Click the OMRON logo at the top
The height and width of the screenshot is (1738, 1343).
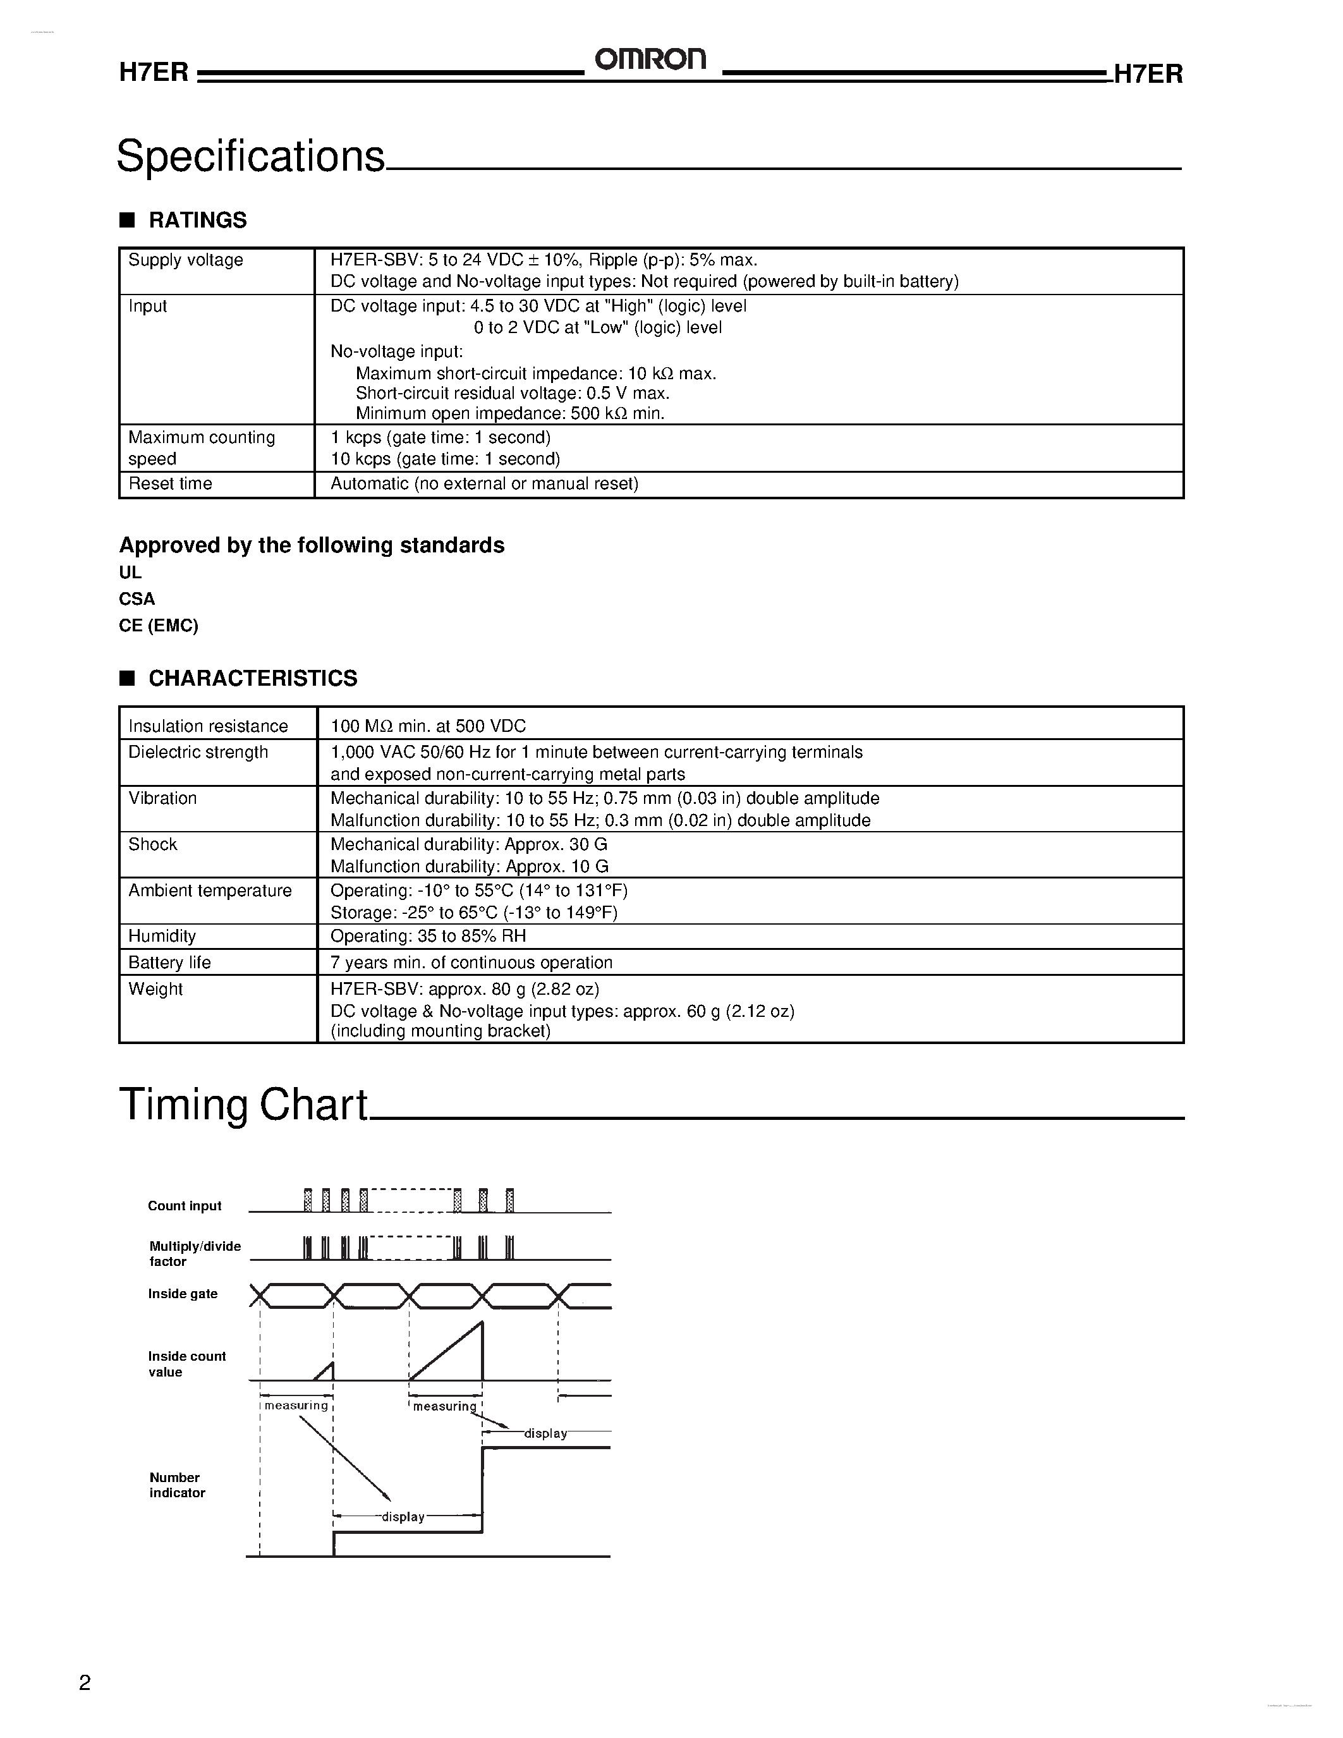(650, 59)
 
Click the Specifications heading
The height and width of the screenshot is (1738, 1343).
(251, 156)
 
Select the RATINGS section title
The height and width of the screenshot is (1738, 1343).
(197, 221)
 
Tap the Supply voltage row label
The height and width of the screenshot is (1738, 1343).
(185, 260)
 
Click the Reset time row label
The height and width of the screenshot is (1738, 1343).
(170, 484)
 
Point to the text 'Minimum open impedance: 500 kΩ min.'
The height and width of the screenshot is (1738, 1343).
(509, 414)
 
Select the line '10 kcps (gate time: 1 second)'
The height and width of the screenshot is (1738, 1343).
(445, 459)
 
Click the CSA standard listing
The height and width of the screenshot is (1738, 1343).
(137, 599)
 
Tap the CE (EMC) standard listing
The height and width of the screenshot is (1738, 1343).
(159, 626)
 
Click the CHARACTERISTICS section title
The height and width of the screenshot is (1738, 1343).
(252, 679)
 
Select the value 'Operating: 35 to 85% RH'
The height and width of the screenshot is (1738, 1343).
(428, 937)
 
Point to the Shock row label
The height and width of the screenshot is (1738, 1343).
(153, 844)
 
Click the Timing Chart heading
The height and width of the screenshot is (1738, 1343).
(243, 1105)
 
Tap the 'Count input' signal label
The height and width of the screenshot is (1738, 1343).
(185, 1206)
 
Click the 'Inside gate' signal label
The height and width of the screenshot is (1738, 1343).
(182, 1294)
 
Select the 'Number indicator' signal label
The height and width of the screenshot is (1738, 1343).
(176, 1485)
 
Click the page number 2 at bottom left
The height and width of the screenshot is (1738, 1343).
(85, 1682)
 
